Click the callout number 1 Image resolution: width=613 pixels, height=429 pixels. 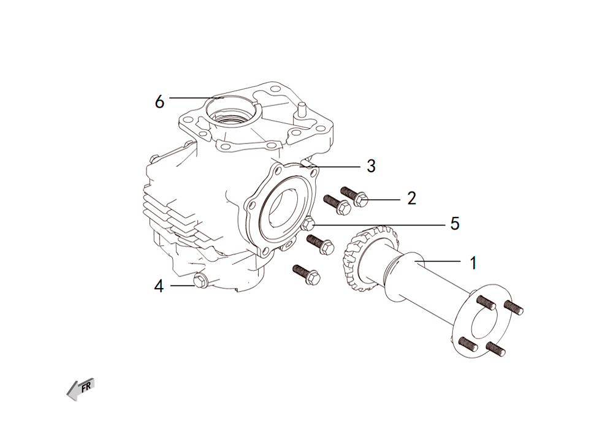pos(473,263)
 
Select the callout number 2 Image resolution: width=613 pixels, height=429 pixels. pos(411,199)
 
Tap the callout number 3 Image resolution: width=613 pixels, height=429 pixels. pos(371,166)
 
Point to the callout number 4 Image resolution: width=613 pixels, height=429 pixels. pos(159,286)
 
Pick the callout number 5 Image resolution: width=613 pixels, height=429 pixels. pos(455,224)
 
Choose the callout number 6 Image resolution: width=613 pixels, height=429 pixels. pos(159,102)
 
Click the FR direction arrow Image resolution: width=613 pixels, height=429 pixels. pos(81,389)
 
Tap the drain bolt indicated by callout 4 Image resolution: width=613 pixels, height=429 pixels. pos(200,281)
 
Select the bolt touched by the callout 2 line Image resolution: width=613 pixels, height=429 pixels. pos(354,197)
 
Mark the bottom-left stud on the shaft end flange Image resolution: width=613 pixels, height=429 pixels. pos(468,343)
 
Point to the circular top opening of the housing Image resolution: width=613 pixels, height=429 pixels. pos(232,109)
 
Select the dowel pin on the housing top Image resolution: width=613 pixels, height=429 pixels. pos(302,108)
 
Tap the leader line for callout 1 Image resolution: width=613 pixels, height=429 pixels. pos(437,260)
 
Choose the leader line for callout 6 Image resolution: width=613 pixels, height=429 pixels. pos(196,97)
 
